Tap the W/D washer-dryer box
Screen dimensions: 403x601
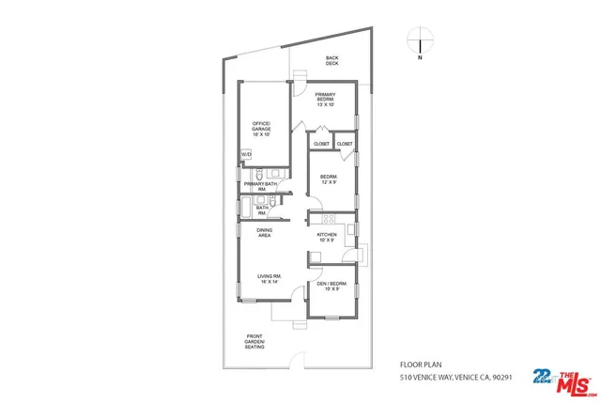[x=247, y=154]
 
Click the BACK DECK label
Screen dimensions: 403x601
[x=331, y=62]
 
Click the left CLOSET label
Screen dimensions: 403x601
[x=322, y=144]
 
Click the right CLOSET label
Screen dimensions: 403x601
[x=345, y=144]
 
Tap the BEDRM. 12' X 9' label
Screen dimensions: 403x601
[x=329, y=179]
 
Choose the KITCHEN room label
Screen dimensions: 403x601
[x=327, y=237]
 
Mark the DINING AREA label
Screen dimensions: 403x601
[x=265, y=233]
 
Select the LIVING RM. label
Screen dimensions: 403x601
[x=270, y=279]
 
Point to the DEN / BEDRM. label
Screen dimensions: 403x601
[x=331, y=286]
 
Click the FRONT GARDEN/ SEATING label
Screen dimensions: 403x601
[x=255, y=341]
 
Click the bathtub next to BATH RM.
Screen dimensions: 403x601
[x=247, y=209]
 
